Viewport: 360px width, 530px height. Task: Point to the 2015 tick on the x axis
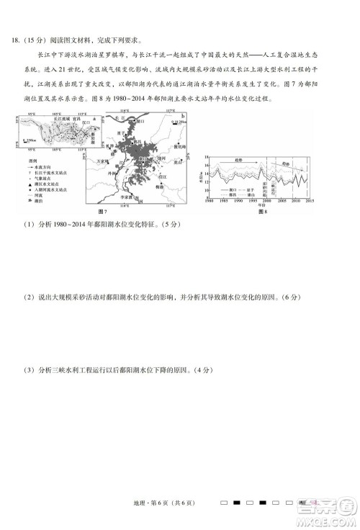tap(310, 201)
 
